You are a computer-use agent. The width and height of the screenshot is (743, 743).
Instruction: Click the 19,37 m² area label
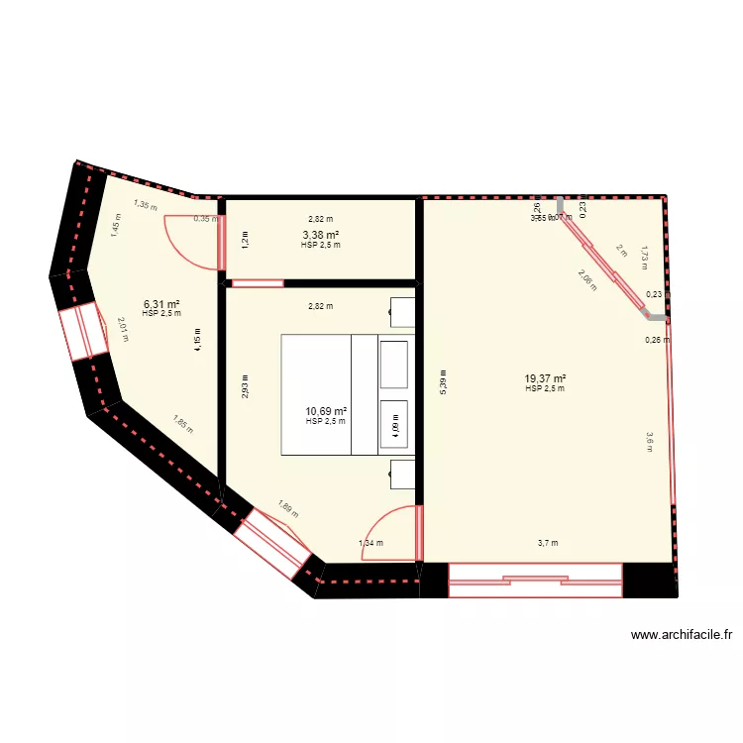(x=545, y=378)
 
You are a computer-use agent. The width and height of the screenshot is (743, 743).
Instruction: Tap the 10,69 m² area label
(x=326, y=411)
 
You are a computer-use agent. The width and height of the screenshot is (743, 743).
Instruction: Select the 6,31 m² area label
(x=161, y=304)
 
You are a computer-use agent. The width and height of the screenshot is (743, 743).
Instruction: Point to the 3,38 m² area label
(x=320, y=235)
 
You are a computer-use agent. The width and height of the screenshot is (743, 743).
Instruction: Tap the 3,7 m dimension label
(x=548, y=542)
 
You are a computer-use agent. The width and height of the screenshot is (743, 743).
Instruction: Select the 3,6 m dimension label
(x=650, y=441)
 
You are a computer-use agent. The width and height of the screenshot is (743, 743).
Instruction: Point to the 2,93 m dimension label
(x=246, y=384)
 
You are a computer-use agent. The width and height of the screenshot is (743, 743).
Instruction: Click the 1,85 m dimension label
(x=182, y=425)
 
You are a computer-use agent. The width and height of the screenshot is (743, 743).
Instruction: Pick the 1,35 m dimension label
(x=146, y=206)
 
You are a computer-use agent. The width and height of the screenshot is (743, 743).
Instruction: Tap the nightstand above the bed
(x=403, y=312)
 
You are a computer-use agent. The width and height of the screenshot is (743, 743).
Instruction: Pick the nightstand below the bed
(x=403, y=475)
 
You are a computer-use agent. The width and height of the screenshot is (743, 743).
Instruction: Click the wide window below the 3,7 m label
(x=535, y=580)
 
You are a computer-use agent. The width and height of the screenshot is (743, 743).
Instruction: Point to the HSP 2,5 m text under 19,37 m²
(x=545, y=388)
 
